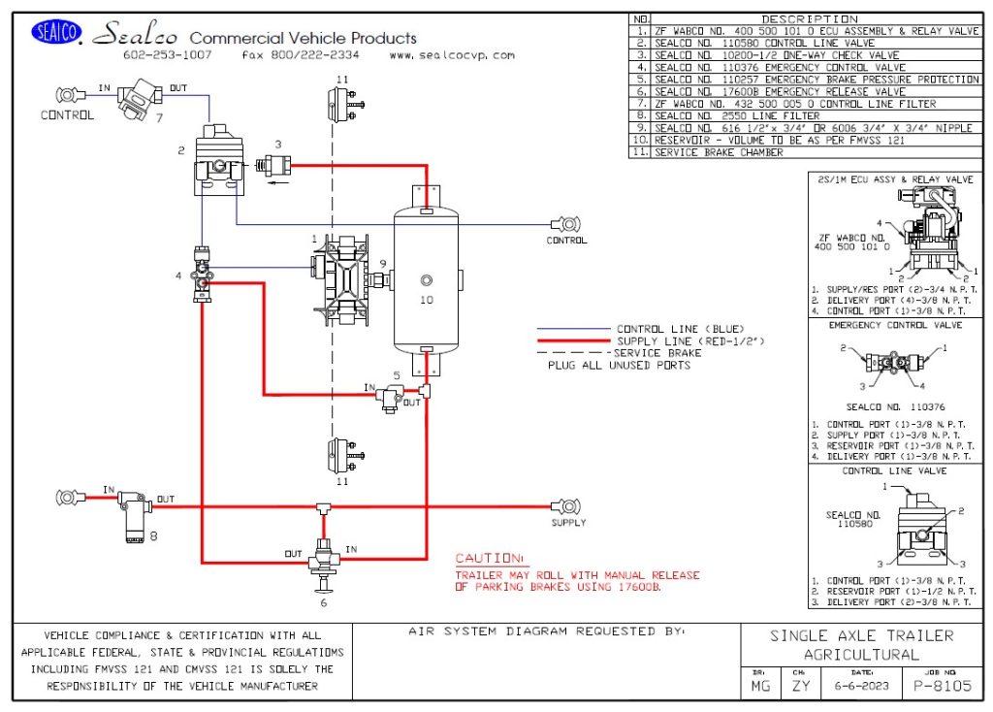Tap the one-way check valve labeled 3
(271, 166)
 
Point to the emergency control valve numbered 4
(202, 275)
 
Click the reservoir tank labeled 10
(426, 280)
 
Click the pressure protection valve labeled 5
(392, 396)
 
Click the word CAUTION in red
(489, 560)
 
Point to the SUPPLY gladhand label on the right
(568, 523)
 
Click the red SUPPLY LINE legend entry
(668, 341)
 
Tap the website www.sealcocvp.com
(452, 55)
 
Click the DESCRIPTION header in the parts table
(810, 18)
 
